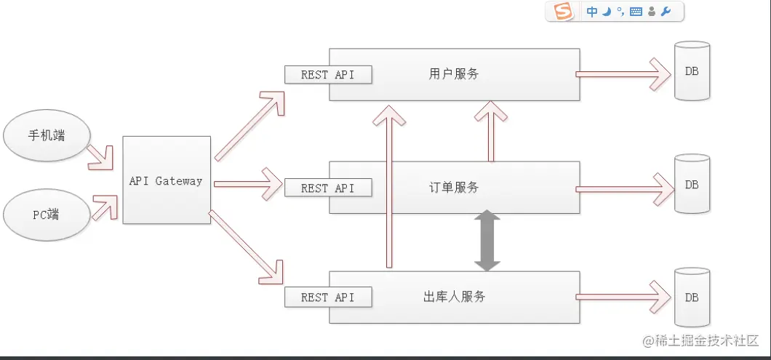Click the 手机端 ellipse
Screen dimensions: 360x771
(47, 136)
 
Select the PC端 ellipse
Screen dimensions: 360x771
(47, 215)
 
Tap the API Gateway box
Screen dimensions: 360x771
(167, 180)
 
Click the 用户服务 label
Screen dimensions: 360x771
(454, 73)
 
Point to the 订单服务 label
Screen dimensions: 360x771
(454, 187)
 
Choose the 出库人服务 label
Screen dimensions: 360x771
(454, 297)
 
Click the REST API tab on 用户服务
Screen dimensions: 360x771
(327, 74)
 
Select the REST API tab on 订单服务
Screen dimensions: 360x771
(327, 188)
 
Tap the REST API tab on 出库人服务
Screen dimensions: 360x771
(327, 297)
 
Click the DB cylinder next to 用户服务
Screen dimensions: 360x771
(692, 71)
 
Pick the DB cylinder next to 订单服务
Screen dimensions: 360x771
(692, 185)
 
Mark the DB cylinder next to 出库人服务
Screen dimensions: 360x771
(692, 297)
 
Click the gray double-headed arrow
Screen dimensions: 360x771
(487, 241)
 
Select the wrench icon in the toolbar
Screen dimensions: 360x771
(666, 12)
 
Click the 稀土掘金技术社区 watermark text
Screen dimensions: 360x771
(701, 340)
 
